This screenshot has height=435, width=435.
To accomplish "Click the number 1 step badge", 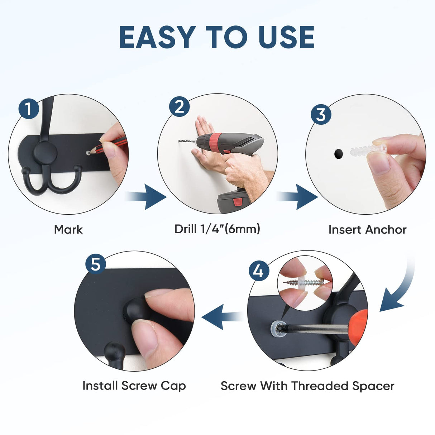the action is (29, 109).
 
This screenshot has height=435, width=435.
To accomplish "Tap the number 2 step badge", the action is (179, 106).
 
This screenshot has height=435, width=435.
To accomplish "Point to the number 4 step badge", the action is (259, 271).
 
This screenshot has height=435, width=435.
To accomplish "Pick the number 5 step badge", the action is (95, 264).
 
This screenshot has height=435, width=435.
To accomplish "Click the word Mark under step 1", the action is (68, 230).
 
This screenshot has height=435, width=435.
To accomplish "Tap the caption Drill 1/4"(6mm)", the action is (217, 229).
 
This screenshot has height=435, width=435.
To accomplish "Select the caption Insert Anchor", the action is (368, 230).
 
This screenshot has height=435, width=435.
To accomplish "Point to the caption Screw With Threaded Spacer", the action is (307, 386).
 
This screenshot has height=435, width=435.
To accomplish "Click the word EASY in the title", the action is (157, 37).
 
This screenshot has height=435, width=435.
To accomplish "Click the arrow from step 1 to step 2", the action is (146, 197).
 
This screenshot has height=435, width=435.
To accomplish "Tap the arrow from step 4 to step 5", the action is (223, 317).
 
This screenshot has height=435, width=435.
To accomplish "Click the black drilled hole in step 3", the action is (338, 154).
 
